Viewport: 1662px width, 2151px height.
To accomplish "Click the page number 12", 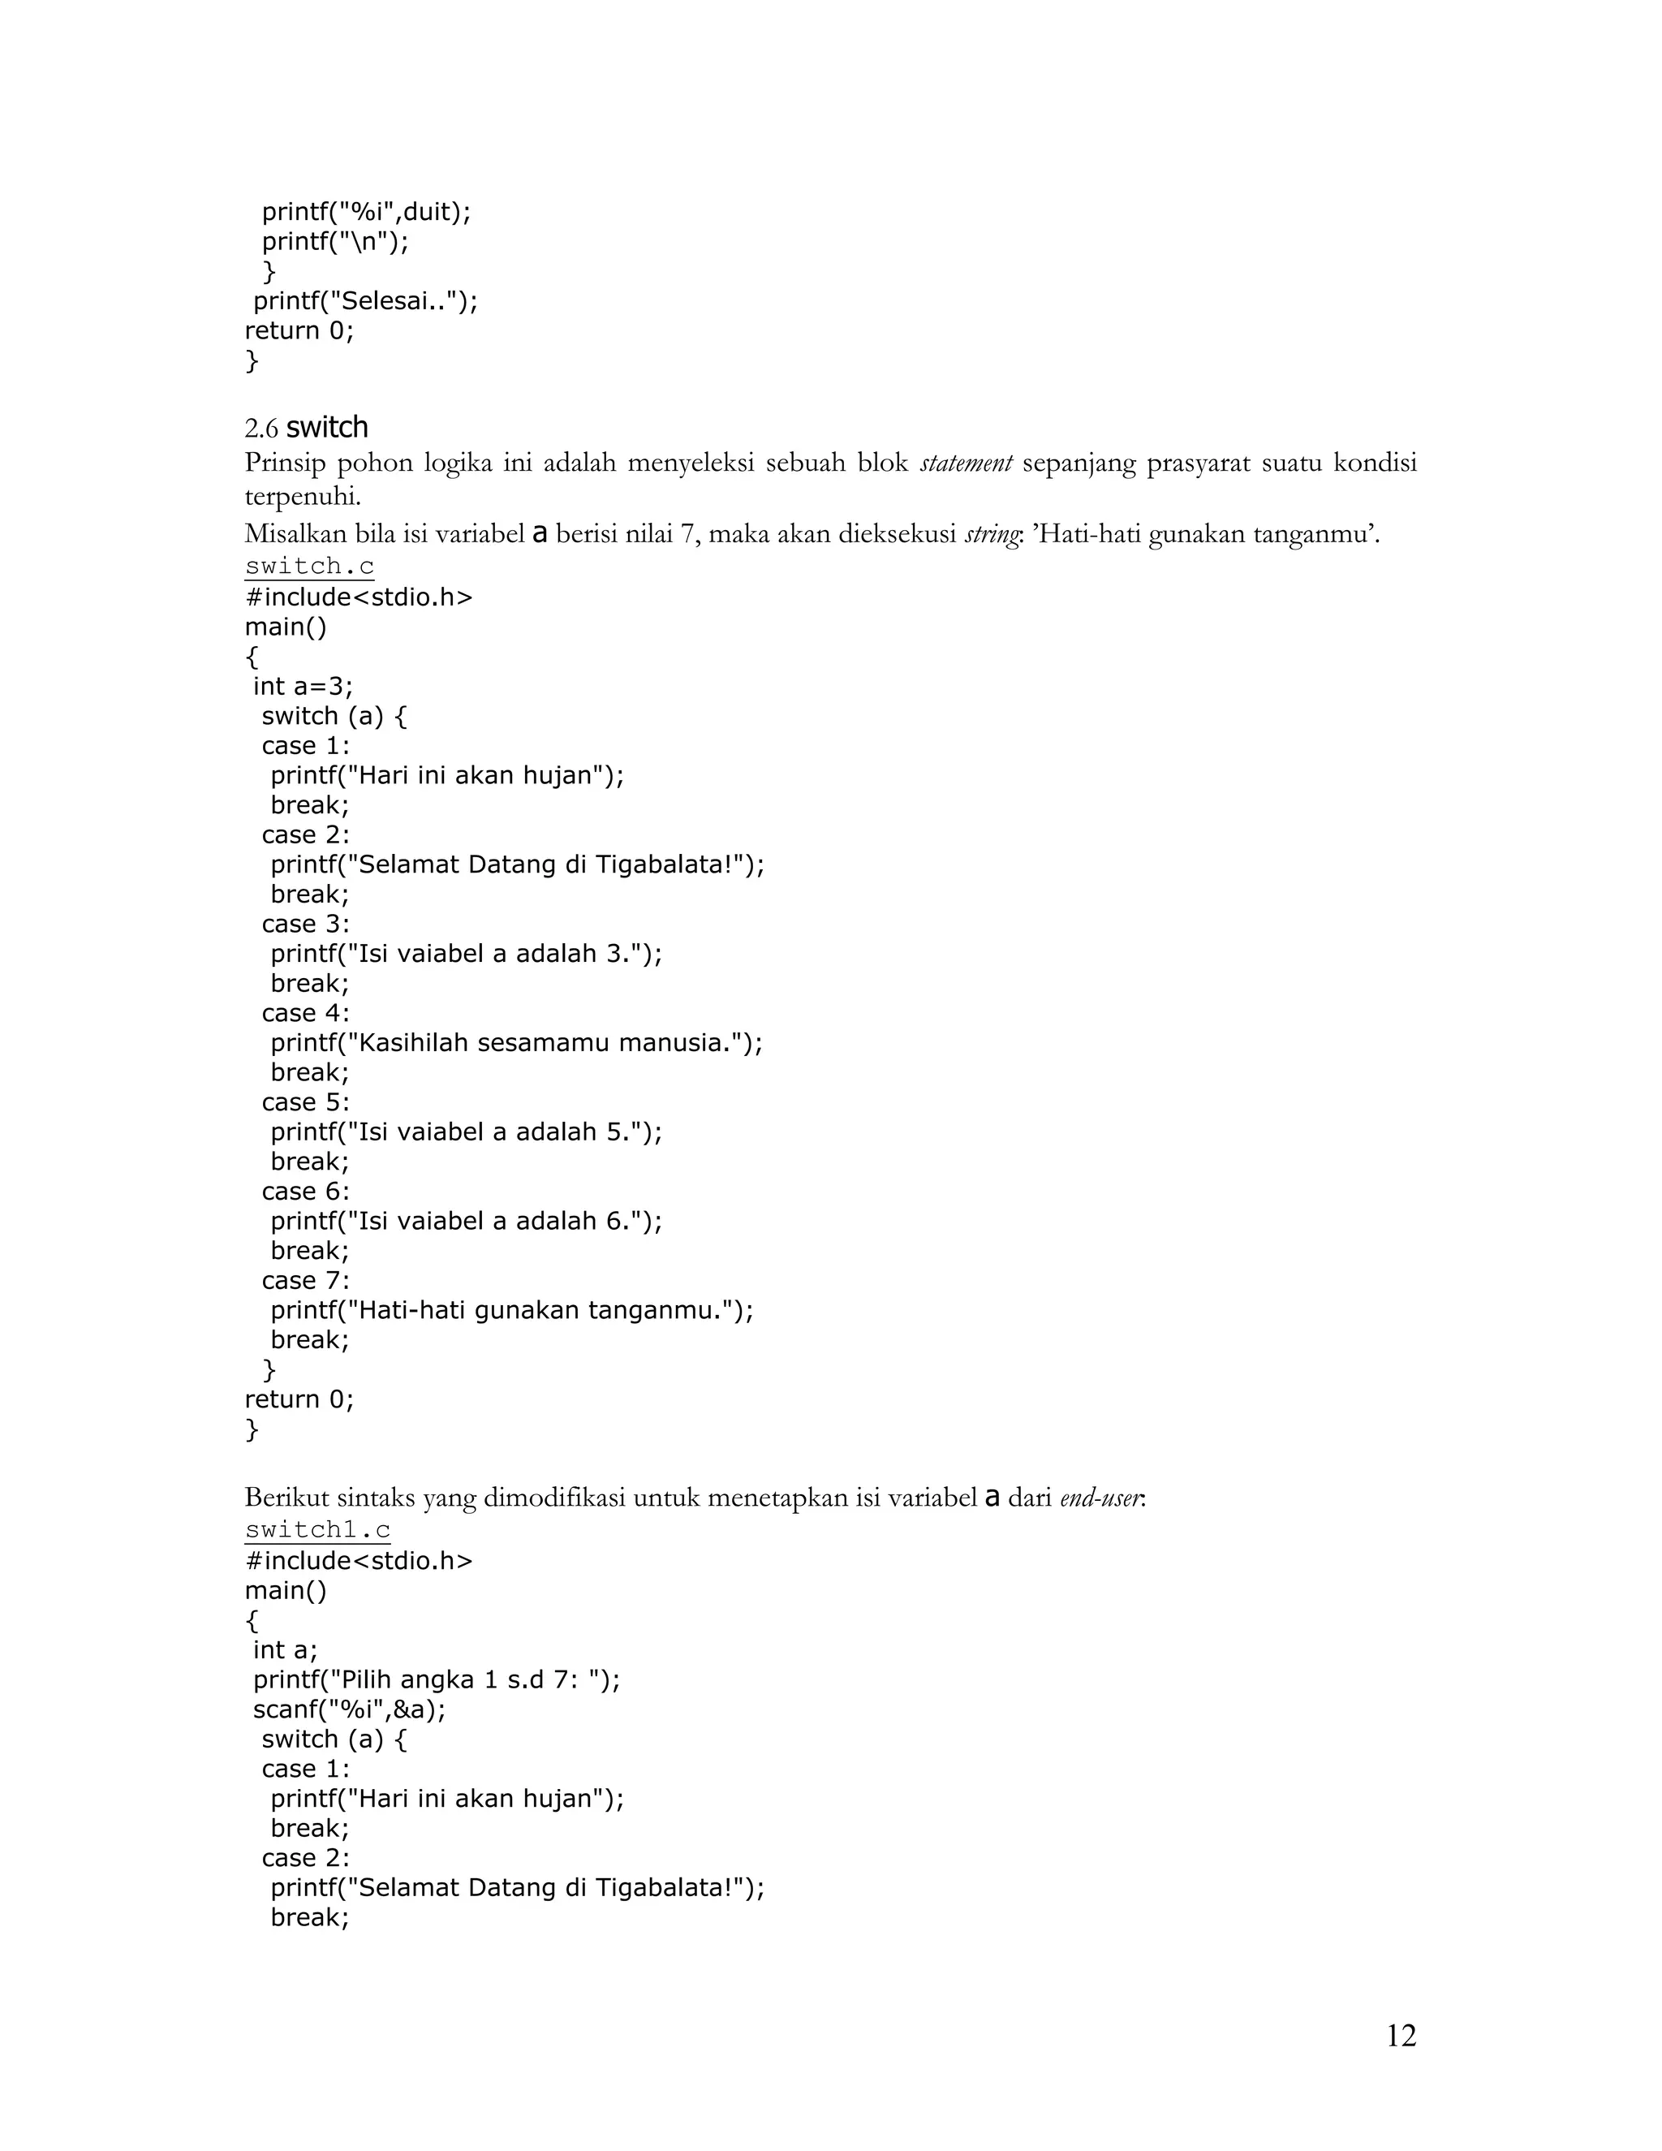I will click(1401, 2035).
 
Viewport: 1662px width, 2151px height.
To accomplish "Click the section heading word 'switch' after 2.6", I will click(327, 428).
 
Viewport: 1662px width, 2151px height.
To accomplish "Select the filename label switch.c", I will click(309, 567).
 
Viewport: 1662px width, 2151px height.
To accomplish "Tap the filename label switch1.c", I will click(317, 1529).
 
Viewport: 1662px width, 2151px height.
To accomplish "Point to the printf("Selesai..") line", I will click(365, 300).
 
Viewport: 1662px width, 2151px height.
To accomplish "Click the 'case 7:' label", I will click(305, 1279).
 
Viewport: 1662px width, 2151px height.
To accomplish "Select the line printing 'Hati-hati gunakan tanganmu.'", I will click(512, 1309).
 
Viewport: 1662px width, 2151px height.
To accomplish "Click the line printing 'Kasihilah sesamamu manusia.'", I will click(517, 1042).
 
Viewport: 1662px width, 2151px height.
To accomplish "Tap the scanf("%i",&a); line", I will click(350, 1709).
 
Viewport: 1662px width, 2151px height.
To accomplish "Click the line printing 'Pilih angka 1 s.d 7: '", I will click(436, 1679).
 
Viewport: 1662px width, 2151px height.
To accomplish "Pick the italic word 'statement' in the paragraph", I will click(966, 463).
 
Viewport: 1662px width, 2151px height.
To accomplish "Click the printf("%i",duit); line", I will click(366, 212).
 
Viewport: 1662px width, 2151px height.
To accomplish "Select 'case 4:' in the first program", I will click(305, 1012).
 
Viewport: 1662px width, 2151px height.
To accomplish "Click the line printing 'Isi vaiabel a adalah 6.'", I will click(467, 1220).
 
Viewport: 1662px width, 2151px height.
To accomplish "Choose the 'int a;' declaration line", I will click(286, 1649).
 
